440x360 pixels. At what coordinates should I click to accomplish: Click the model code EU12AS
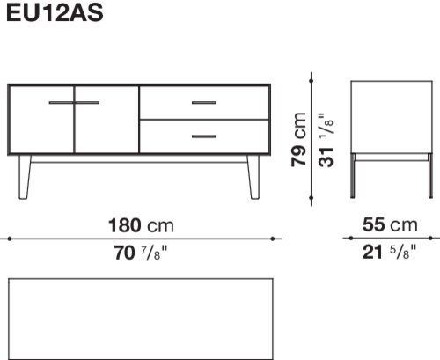click(x=55, y=13)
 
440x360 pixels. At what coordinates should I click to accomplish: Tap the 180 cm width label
click(x=141, y=225)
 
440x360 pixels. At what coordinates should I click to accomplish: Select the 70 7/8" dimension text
click(x=141, y=253)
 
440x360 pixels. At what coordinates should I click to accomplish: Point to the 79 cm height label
click(x=298, y=139)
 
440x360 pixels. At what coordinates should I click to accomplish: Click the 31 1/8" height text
click(x=326, y=140)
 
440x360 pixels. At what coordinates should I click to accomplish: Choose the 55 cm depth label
click(x=390, y=225)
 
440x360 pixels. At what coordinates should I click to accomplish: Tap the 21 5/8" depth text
click(x=389, y=252)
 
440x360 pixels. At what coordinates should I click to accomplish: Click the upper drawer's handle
click(x=204, y=103)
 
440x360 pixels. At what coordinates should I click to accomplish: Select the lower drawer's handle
click(x=204, y=136)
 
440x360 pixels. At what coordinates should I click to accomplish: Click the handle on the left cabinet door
click(x=61, y=103)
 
